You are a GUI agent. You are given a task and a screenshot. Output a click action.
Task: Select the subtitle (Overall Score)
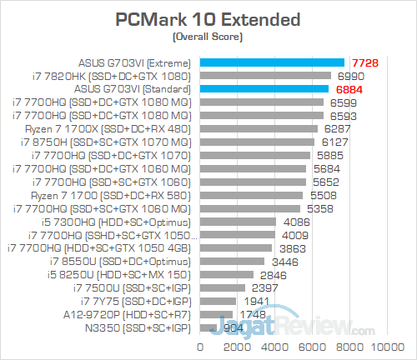(x=208, y=38)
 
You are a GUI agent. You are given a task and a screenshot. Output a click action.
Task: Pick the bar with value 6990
(x=265, y=75)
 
